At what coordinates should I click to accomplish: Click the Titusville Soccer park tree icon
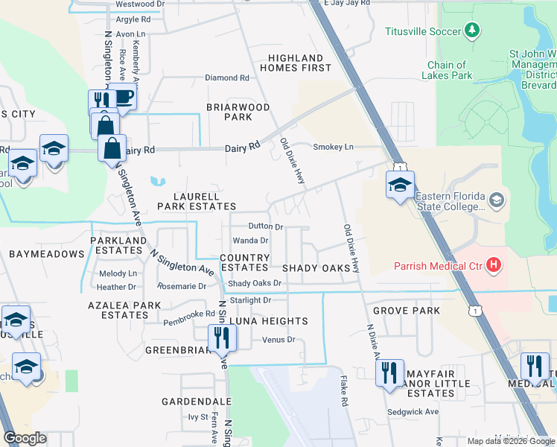click(471, 31)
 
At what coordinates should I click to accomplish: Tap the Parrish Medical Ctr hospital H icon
click(492, 264)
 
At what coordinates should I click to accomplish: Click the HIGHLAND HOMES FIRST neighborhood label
click(296, 63)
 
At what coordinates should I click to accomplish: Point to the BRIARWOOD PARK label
click(238, 112)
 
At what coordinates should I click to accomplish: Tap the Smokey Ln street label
click(333, 147)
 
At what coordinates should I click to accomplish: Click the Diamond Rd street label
click(227, 77)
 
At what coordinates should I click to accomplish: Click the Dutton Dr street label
click(266, 226)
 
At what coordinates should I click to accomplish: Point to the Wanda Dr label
click(250, 241)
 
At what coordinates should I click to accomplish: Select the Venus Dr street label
click(279, 340)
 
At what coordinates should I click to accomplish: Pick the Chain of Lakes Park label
click(447, 70)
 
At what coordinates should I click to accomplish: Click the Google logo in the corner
click(25, 438)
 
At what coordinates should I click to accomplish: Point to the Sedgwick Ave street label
click(413, 411)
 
